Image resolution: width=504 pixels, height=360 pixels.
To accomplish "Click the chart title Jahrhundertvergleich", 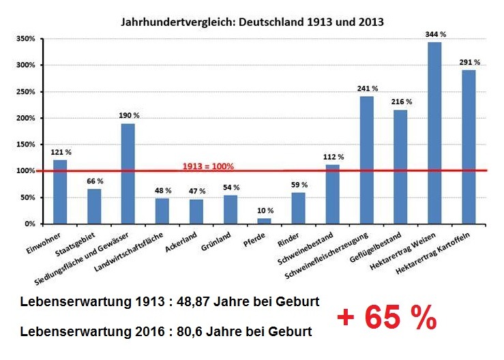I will click(x=252, y=22).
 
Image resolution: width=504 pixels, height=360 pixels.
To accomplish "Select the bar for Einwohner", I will click(x=60, y=192).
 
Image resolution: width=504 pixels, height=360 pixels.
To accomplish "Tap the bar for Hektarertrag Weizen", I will click(x=434, y=133).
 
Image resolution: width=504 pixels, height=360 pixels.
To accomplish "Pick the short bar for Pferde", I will click(x=264, y=220).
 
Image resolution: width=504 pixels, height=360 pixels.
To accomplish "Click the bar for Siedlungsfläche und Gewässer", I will click(x=128, y=173).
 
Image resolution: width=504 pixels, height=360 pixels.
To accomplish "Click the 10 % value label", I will click(x=264, y=210).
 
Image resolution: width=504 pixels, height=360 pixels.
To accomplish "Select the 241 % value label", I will click(x=367, y=88).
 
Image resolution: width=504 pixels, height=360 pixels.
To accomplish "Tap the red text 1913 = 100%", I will click(x=208, y=166).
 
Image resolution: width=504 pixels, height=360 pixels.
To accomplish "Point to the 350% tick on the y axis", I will click(x=25, y=39).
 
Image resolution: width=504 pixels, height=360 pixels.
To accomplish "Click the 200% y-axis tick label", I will click(x=25, y=118).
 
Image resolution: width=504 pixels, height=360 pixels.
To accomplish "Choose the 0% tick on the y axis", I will click(x=29, y=224).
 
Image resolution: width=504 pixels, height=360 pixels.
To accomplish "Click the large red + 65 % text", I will click(x=386, y=318).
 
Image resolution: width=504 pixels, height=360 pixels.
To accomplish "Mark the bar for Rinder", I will click(x=299, y=208).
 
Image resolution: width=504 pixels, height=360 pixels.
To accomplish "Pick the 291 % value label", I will click(x=469, y=62).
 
